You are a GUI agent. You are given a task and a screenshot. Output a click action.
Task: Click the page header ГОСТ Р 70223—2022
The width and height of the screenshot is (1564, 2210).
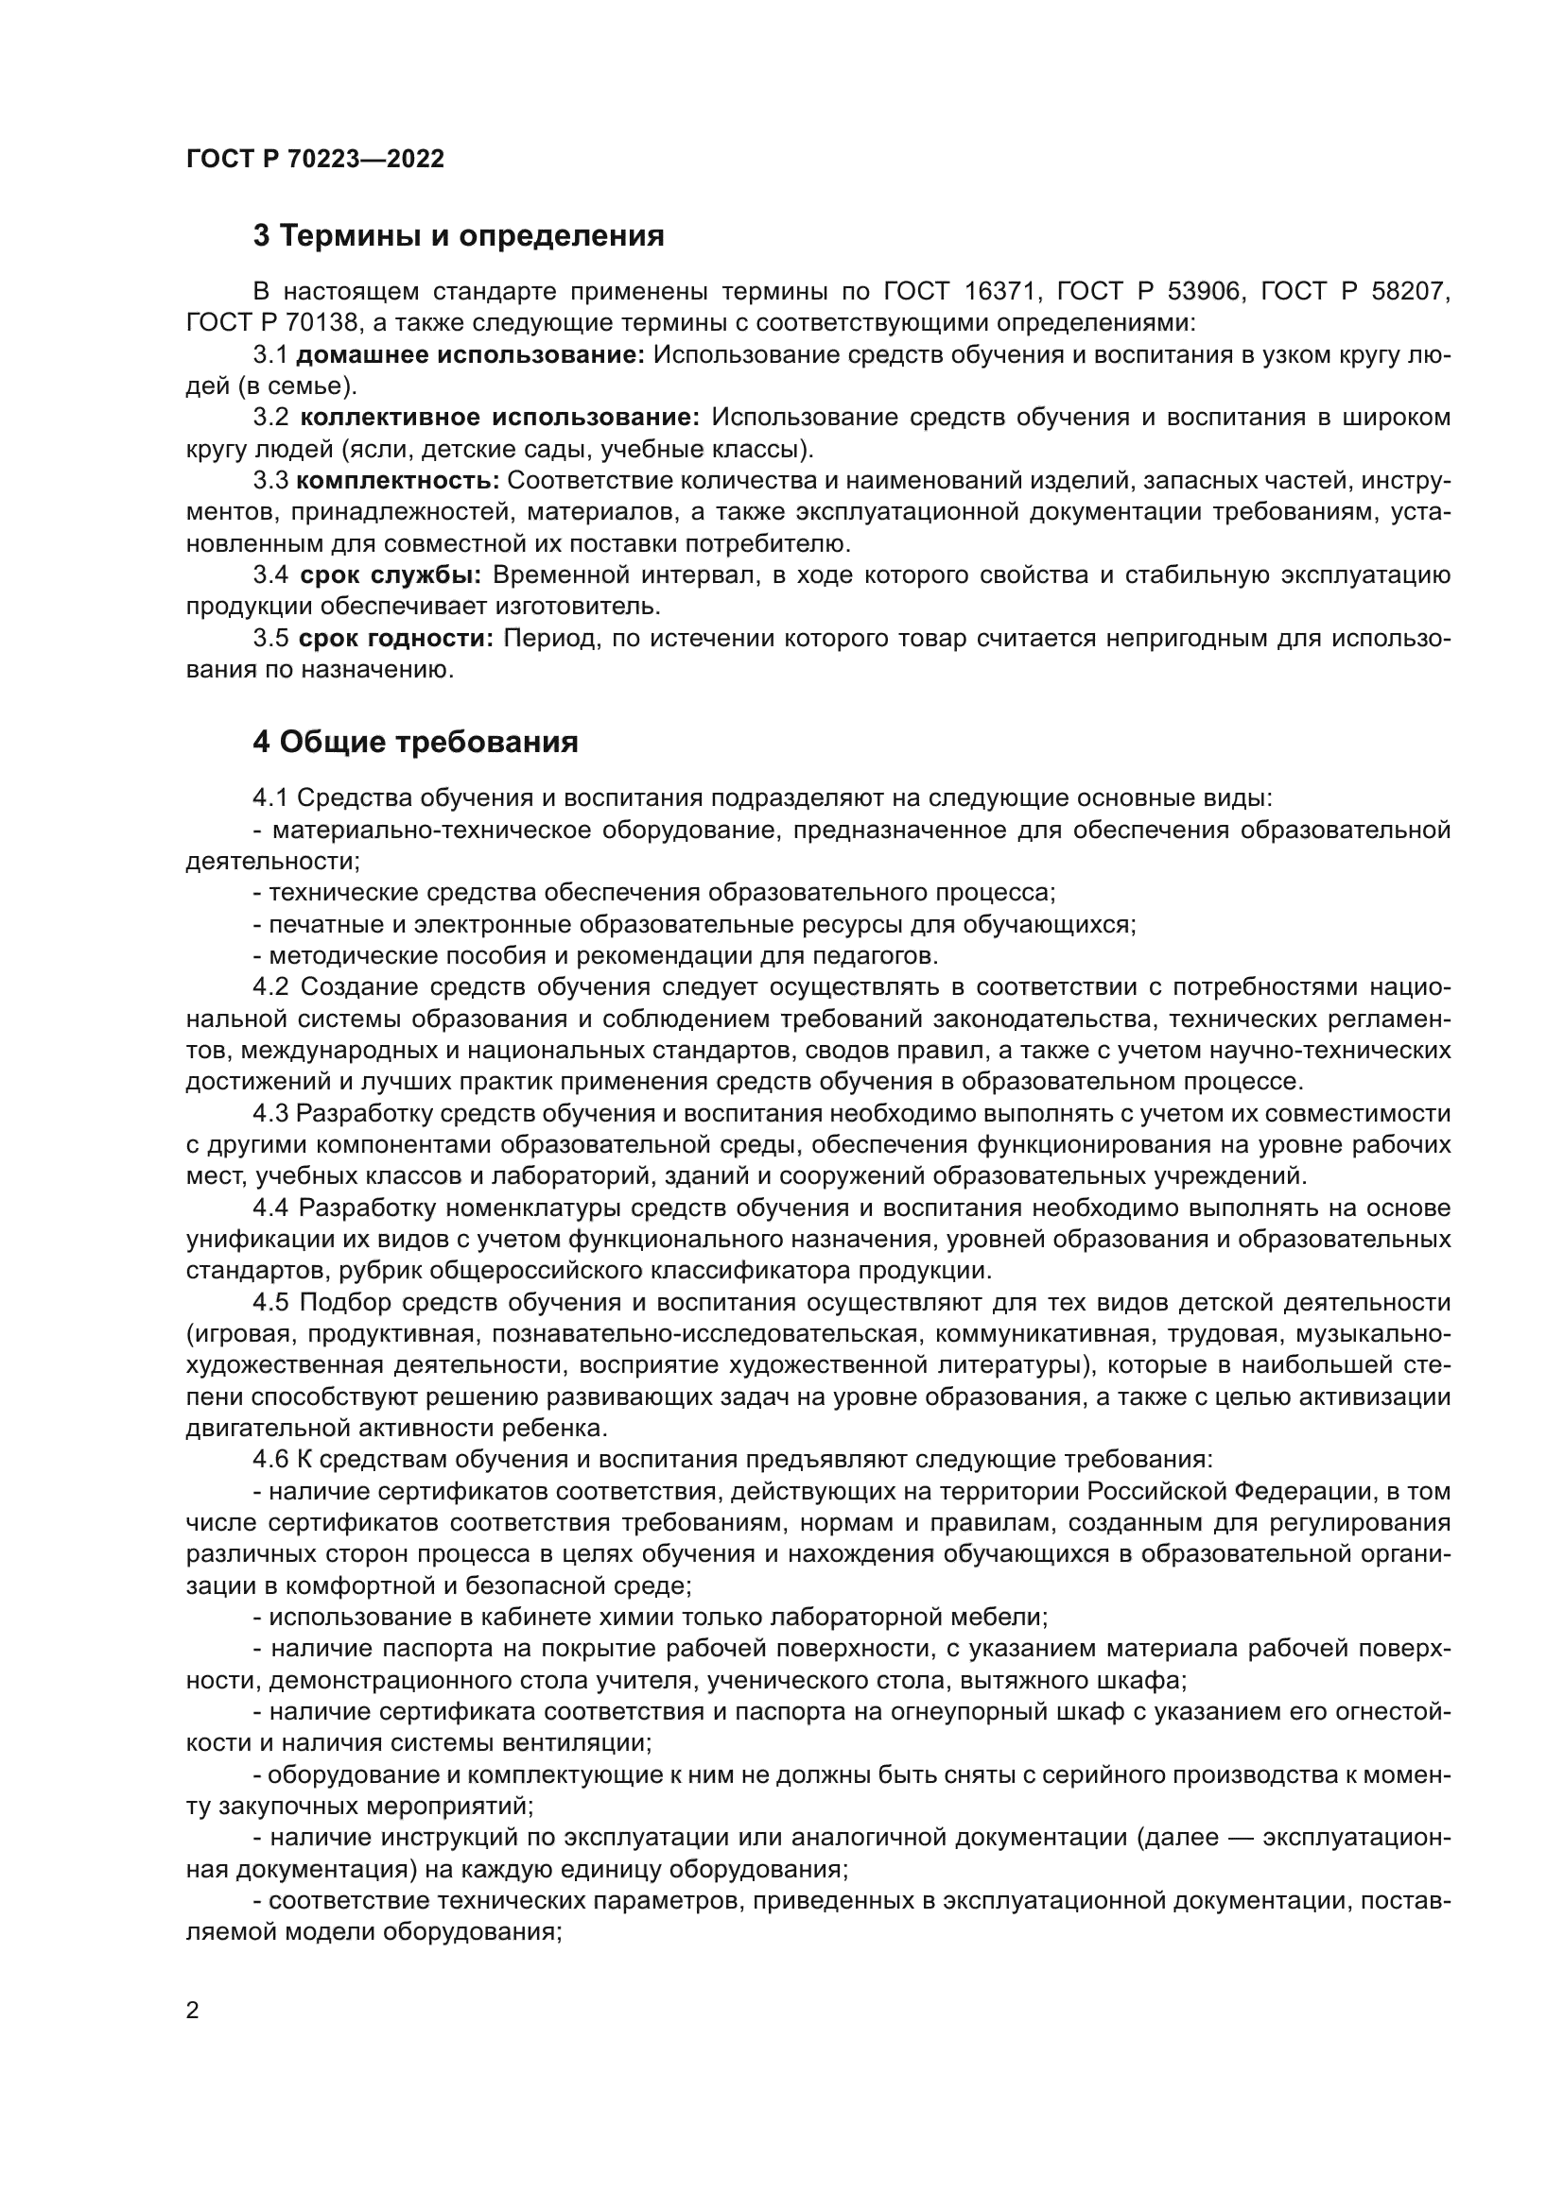(x=315, y=159)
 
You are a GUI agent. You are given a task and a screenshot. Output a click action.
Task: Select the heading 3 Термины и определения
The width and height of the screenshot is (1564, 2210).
(x=459, y=236)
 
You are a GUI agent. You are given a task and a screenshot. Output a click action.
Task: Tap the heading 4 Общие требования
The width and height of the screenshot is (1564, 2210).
(x=415, y=743)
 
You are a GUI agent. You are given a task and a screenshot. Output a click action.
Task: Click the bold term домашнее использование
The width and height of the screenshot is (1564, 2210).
(x=470, y=354)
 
